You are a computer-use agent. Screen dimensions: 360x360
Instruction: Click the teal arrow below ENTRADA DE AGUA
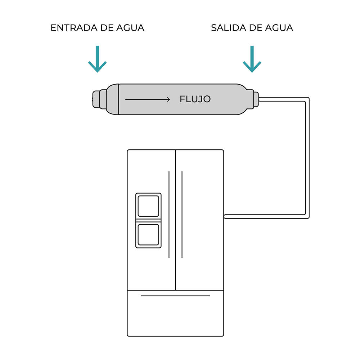coord(97,59)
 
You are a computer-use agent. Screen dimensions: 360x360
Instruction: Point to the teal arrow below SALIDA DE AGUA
coord(252,59)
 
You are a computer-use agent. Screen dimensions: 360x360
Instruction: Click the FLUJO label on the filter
coord(195,99)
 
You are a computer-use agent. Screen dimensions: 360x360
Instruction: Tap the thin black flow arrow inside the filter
coord(148,99)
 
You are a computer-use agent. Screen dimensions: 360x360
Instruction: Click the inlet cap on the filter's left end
coord(96,99)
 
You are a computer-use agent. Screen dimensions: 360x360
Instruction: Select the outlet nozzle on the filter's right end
coord(256,99)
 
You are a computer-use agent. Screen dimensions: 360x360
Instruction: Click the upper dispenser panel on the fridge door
coord(148,206)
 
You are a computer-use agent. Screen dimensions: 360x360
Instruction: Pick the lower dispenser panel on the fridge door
coord(148,234)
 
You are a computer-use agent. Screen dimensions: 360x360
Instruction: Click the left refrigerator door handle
coord(169,215)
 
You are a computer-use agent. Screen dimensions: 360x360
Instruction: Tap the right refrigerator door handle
coord(182,215)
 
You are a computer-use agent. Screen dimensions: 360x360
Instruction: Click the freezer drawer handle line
coord(175,296)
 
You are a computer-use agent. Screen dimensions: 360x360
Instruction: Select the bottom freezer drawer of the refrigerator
coord(175,317)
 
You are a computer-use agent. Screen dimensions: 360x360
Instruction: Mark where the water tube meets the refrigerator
coord(225,216)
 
